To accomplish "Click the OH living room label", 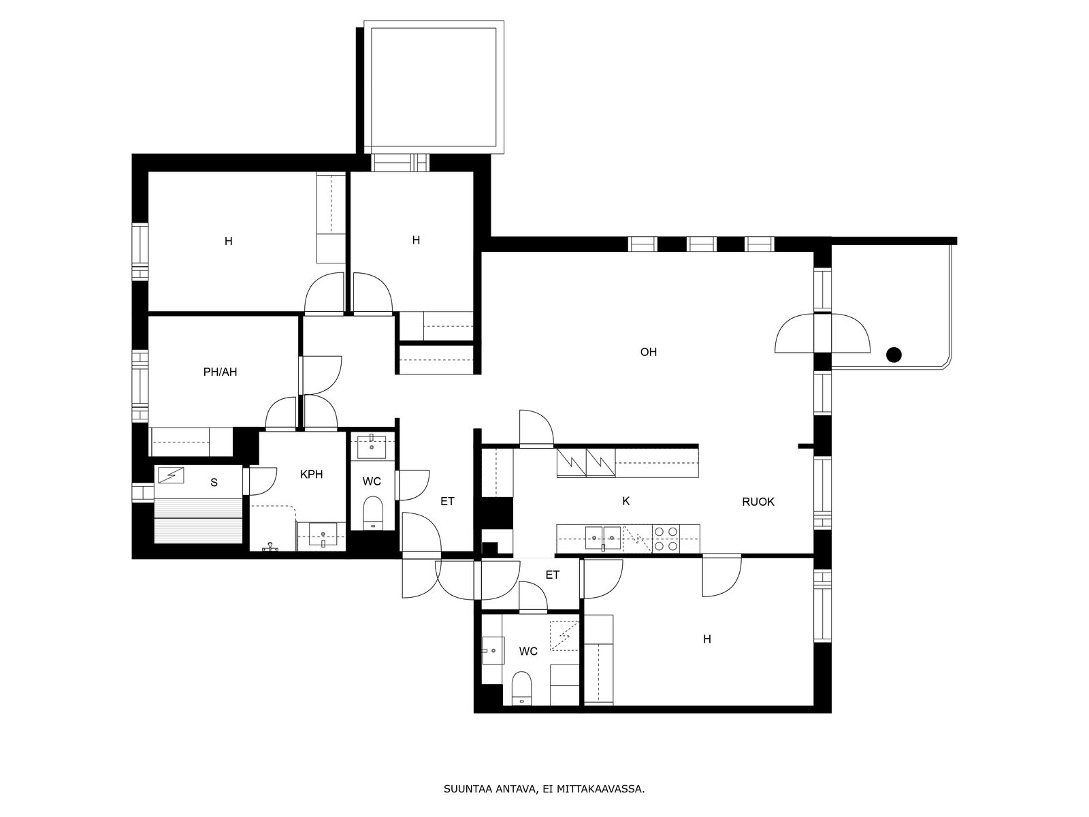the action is click(x=649, y=352).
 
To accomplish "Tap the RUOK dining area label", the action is click(x=758, y=502).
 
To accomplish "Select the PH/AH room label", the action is click(x=221, y=372).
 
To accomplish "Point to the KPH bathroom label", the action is click(x=312, y=475).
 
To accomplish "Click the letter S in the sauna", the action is click(x=214, y=483).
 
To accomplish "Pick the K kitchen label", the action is click(x=625, y=502).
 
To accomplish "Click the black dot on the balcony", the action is click(x=894, y=355).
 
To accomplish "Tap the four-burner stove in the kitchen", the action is click(x=666, y=539).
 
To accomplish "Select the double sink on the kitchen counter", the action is click(x=603, y=539).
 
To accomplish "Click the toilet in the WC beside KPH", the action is click(x=372, y=512).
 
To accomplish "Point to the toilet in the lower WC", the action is click(x=521, y=688).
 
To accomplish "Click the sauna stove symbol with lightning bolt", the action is click(x=171, y=475).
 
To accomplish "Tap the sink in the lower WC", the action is click(x=493, y=650).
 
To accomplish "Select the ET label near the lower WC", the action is click(x=552, y=575).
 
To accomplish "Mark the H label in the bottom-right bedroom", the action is click(x=707, y=639).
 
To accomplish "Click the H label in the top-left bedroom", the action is click(x=228, y=242).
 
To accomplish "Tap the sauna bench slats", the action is click(x=198, y=521).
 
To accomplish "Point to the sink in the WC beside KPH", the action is click(x=372, y=446).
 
